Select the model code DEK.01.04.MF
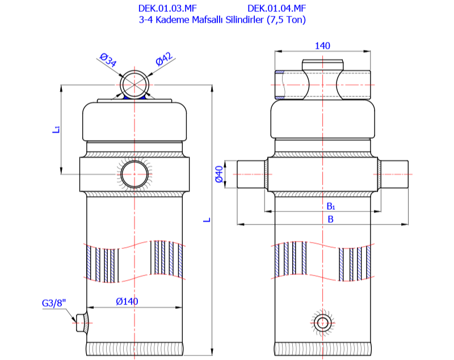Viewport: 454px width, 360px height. pyautogui.click(x=277, y=9)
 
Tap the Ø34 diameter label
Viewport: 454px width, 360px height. pyautogui.click(x=107, y=60)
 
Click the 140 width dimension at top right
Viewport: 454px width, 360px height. pyautogui.click(x=322, y=46)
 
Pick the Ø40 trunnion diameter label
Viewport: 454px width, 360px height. pyautogui.click(x=218, y=175)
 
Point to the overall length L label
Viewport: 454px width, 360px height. pyautogui.click(x=208, y=219)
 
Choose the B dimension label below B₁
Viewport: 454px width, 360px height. pyautogui.click(x=330, y=219)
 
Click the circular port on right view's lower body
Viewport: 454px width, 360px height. pyautogui.click(x=323, y=323)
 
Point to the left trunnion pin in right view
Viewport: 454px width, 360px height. pyautogui.click(x=251, y=175)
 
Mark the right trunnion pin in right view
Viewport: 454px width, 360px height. pyautogui.click(x=394, y=175)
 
